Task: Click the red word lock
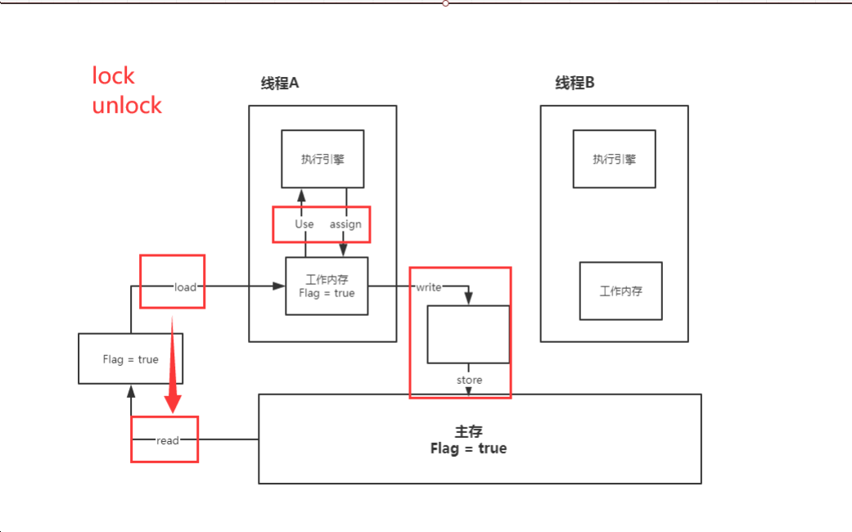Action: click(x=113, y=76)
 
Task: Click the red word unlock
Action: click(x=127, y=106)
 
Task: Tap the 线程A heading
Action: click(x=280, y=83)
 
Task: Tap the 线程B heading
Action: click(x=575, y=83)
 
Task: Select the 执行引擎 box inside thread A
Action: click(x=322, y=159)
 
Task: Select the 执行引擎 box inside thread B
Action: click(x=614, y=159)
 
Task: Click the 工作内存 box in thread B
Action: click(x=620, y=291)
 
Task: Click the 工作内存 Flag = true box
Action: click(x=327, y=286)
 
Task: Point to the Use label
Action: click(x=304, y=223)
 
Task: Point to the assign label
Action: click(x=345, y=223)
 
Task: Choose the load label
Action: click(x=186, y=286)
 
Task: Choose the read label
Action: click(x=167, y=440)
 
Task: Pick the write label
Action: click(x=429, y=286)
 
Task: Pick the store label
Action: click(x=469, y=380)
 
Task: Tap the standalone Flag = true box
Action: click(x=131, y=358)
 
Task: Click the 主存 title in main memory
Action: click(x=468, y=432)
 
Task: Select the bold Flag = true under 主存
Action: click(x=468, y=449)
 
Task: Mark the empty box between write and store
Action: click(x=468, y=334)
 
